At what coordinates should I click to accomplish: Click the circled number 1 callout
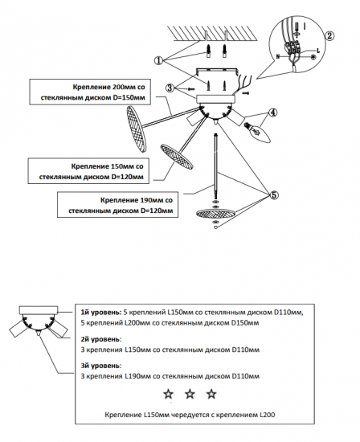[159, 60]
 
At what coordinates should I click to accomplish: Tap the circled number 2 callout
[329, 36]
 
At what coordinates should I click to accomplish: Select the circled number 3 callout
[170, 88]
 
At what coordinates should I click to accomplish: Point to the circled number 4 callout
[272, 113]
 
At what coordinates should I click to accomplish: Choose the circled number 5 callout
[274, 194]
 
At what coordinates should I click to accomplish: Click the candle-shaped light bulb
[258, 133]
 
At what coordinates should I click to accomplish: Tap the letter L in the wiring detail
[318, 51]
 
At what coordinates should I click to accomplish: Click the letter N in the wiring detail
[278, 57]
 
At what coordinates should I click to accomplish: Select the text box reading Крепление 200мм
[90, 92]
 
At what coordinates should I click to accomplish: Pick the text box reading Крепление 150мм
[88, 171]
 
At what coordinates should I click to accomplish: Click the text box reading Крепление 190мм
[118, 205]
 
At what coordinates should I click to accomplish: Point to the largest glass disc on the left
[137, 129]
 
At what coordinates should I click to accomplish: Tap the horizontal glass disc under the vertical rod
[215, 214]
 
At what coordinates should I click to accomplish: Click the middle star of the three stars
[190, 394]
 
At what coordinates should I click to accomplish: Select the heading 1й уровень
[101, 313]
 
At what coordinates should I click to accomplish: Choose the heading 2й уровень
[101, 339]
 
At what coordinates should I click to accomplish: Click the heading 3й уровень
[101, 366]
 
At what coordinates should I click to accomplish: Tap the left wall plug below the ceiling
[209, 51]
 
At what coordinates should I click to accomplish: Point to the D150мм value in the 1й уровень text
[245, 323]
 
